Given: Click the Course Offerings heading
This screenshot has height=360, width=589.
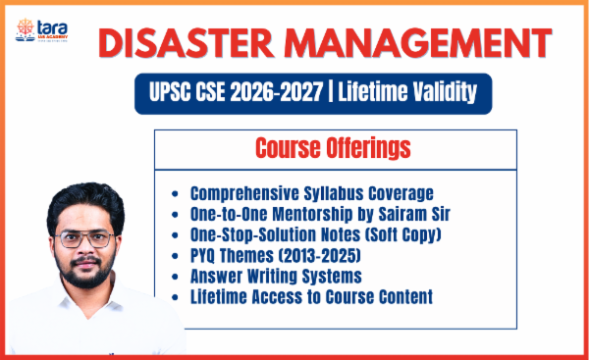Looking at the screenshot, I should pos(334,149).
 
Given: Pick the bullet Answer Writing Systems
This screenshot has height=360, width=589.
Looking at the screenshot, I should pos(276,277).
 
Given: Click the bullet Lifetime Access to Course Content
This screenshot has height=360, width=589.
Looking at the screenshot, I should pos(311,297).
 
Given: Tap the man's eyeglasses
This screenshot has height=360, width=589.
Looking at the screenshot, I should pos(84,239).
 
